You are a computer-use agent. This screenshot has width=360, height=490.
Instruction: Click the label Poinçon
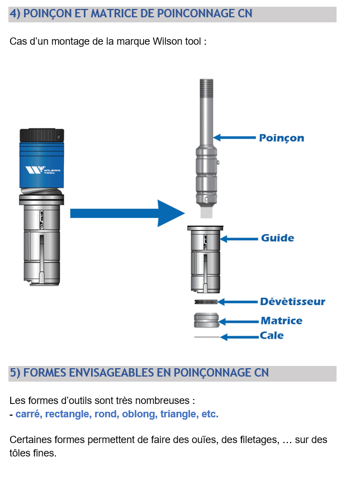coord(281,137)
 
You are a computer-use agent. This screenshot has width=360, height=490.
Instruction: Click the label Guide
coord(277,238)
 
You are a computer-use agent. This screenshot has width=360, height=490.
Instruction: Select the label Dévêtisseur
coord(292,302)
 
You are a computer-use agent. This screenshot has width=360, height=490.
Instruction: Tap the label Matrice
coord(281,321)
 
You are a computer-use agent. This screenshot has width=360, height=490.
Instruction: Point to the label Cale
coord(272,336)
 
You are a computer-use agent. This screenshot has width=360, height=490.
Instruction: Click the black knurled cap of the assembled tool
coord(42,135)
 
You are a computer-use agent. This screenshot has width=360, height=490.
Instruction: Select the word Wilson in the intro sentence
coord(166,42)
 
